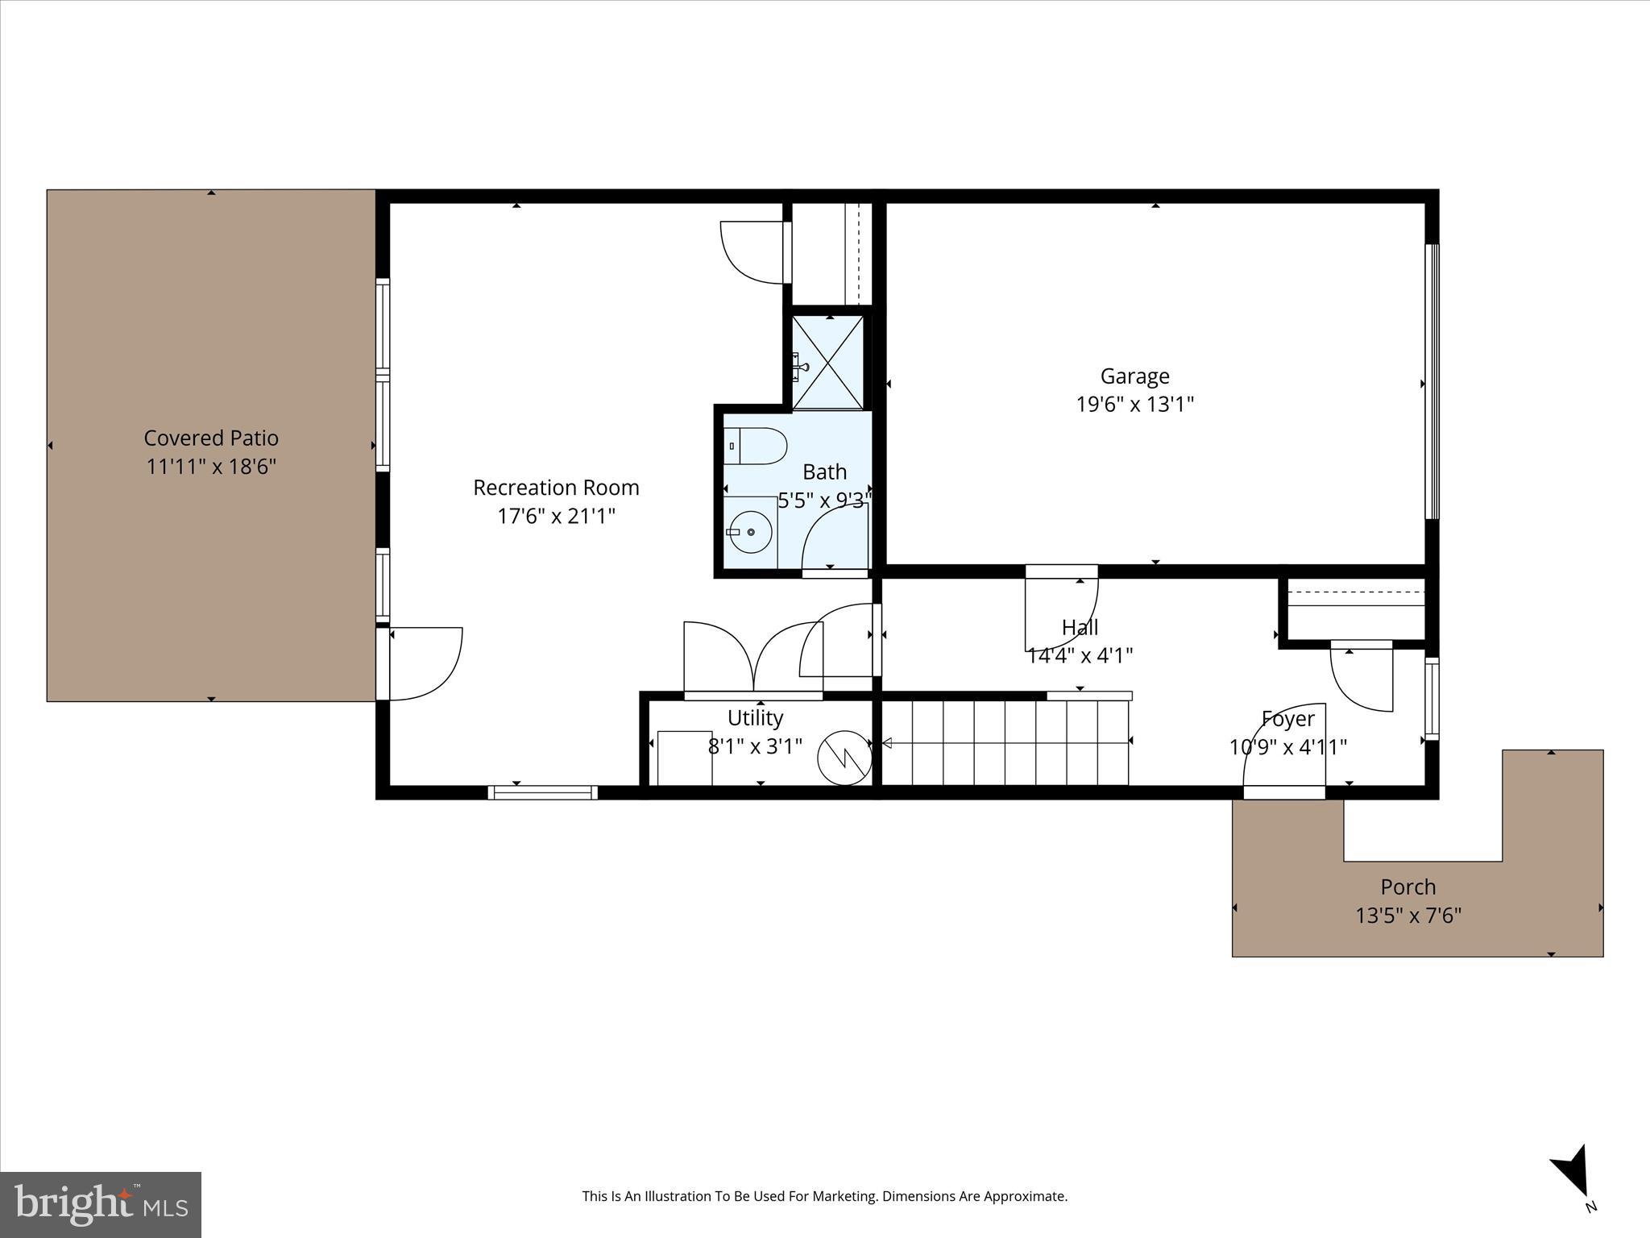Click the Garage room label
pyautogui.click(x=1134, y=376)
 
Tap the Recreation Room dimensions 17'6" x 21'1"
pyautogui.click(x=556, y=516)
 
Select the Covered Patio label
pyautogui.click(x=211, y=438)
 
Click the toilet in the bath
pyautogui.click(x=757, y=447)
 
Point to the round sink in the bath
pyautogui.click(x=749, y=532)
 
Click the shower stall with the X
pyautogui.click(x=828, y=363)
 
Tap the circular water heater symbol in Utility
pyautogui.click(x=844, y=758)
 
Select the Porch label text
pyautogui.click(x=1407, y=887)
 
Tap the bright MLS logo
pyautogui.click(x=100, y=1204)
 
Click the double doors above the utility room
pyautogui.click(x=752, y=657)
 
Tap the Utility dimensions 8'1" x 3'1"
pyautogui.click(x=755, y=746)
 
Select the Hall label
pyautogui.click(x=1080, y=627)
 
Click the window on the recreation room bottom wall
pyautogui.click(x=542, y=793)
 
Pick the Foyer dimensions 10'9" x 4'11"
pyautogui.click(x=1287, y=748)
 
